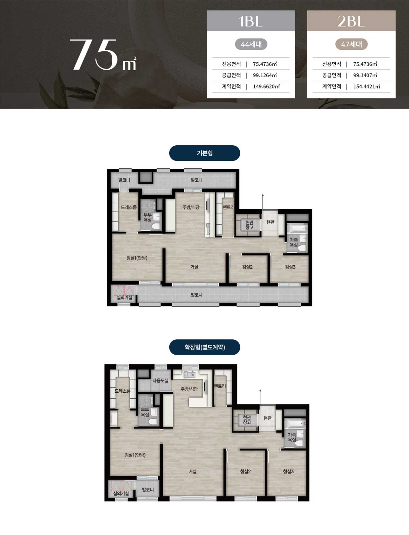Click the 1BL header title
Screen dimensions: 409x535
pos(250,21)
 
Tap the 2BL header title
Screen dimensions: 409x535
pos(351,21)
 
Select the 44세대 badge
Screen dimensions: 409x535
pos(251,44)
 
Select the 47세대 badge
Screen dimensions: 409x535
pos(351,44)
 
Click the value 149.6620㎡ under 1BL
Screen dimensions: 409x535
pos(266,87)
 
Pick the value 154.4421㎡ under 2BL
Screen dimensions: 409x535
pos(367,87)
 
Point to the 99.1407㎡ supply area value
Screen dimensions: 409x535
pos(365,75)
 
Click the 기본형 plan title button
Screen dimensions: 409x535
pos(204,153)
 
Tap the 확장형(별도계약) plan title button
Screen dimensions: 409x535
pos(204,347)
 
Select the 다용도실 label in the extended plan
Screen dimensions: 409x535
pos(160,380)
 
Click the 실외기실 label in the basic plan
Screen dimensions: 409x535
pos(124,297)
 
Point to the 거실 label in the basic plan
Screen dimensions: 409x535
pos(194,267)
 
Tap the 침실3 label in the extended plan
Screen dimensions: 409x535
pos(288,471)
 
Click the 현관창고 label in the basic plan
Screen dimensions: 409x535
pos(249,225)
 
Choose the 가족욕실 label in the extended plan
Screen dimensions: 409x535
pos(292,437)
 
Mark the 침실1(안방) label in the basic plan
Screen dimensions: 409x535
pos(137,258)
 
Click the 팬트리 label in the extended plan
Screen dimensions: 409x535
pos(220,386)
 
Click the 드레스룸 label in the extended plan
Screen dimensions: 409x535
pos(122,391)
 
